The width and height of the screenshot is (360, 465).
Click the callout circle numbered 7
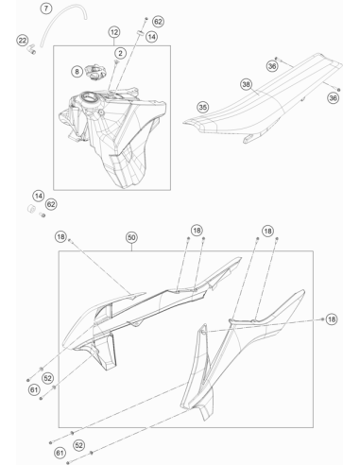pos(46,9)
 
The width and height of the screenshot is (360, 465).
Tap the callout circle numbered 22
pos(23,41)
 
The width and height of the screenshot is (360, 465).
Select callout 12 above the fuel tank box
pos(114,32)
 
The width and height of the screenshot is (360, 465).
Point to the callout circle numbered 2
pos(120,53)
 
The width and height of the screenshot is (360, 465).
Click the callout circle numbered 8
pos(77,72)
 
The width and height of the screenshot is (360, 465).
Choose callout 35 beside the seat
pos(203,107)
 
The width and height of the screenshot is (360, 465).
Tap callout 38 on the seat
pos(247,84)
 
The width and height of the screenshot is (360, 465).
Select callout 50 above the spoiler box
pos(131,237)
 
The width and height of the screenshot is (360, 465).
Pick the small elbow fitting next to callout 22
pos(30,49)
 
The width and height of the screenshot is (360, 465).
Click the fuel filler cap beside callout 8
pos(94,72)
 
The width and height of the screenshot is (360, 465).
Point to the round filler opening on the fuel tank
pos(89,98)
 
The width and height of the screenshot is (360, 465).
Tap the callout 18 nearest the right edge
pos(332,319)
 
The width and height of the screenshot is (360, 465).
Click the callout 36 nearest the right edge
pos(333,98)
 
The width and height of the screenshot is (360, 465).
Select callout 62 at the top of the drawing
pos(158,22)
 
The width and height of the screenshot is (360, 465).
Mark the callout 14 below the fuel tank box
pos(39,196)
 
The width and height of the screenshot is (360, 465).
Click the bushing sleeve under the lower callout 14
pos(31,209)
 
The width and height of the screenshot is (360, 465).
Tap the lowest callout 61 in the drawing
pos(60,453)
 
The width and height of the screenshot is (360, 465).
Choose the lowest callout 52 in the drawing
pos(79,445)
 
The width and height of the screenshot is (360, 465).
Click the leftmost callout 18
pos(60,236)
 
